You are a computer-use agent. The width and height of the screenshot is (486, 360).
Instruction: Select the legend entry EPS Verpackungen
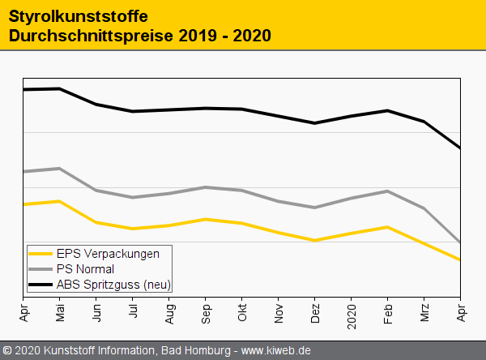pos(108,254)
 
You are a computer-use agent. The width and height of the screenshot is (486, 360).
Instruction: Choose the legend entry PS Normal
pos(85,269)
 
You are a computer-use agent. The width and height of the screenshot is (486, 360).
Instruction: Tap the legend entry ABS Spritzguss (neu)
pos(113,285)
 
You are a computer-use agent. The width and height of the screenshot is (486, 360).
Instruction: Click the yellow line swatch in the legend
pos(41,254)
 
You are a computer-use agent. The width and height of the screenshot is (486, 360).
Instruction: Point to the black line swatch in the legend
pos(41,285)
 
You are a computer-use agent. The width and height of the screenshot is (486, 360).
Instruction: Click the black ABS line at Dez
pos(315,123)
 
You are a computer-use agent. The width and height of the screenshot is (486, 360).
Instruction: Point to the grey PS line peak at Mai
pos(60,169)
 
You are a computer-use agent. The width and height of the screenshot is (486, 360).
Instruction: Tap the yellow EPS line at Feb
pos(388,227)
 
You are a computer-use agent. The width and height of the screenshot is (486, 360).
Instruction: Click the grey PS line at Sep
pos(206,187)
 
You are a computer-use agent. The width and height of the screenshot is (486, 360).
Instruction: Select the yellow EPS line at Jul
pos(133,229)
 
